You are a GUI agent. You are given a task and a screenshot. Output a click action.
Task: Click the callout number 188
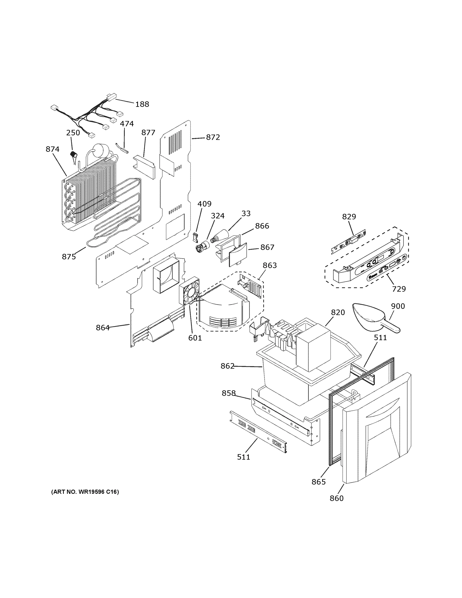(x=142, y=104)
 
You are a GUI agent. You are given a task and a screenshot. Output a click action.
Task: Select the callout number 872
(x=213, y=137)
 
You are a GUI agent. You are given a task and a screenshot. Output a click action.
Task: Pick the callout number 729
(x=399, y=289)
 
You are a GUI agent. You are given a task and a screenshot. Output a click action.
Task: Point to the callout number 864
(x=103, y=327)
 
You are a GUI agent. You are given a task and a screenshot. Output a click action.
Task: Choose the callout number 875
(x=69, y=257)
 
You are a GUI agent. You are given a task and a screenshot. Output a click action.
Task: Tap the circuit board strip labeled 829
(x=349, y=241)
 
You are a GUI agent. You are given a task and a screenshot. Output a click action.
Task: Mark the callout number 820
(x=338, y=312)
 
